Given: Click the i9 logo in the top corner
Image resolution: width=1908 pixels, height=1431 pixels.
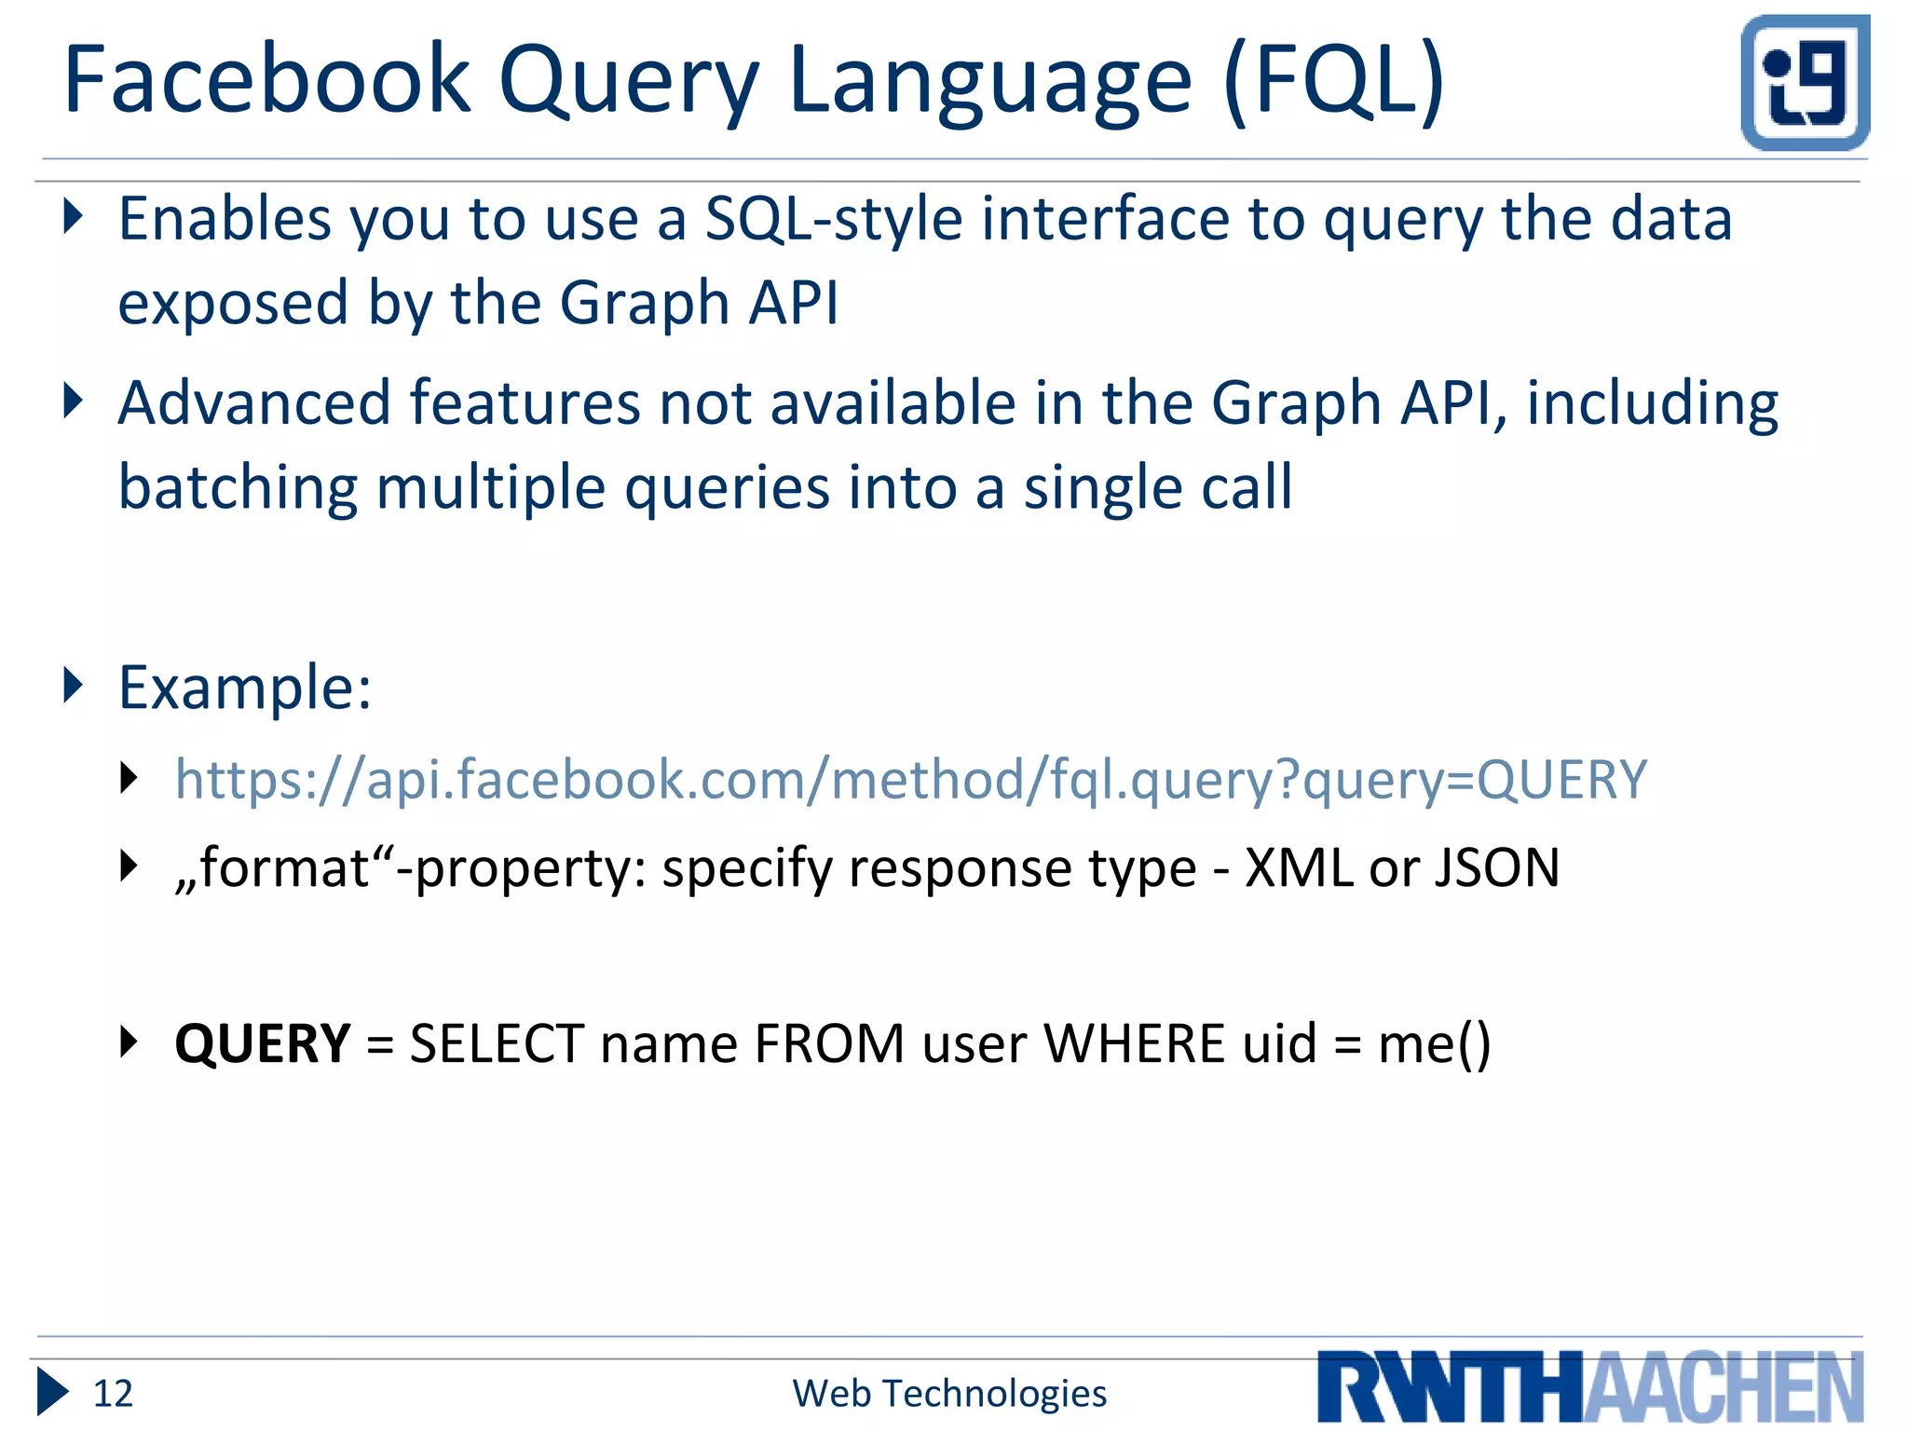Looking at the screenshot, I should pos(1805,82).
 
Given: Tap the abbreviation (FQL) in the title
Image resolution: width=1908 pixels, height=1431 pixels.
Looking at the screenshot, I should pos(1334,82).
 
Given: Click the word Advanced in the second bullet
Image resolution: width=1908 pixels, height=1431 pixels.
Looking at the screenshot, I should pos(254,403).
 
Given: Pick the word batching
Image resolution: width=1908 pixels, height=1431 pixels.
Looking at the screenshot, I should pos(238,488).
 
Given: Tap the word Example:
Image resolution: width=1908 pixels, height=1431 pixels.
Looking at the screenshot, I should pos(245,688).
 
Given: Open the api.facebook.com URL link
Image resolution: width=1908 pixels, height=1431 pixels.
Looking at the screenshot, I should pos(911,780).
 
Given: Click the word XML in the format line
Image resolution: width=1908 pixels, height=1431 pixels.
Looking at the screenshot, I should pos(1298,868).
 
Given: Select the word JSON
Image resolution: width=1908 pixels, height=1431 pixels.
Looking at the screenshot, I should pos(1497,868).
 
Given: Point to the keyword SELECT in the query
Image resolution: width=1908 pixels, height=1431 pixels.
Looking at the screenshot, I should pos(497,1043).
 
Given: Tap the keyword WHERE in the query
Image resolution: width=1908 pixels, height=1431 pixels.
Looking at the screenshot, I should pos(1134,1043).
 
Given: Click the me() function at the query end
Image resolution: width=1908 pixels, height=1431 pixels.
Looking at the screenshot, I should pos(1435,1043).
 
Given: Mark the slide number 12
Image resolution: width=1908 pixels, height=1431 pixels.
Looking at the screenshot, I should pos(113,1394).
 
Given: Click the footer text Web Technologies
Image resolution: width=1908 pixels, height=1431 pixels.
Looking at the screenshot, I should pos(949,1394).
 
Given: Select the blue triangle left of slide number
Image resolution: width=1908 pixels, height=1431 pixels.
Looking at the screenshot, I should pos(52,1393).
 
